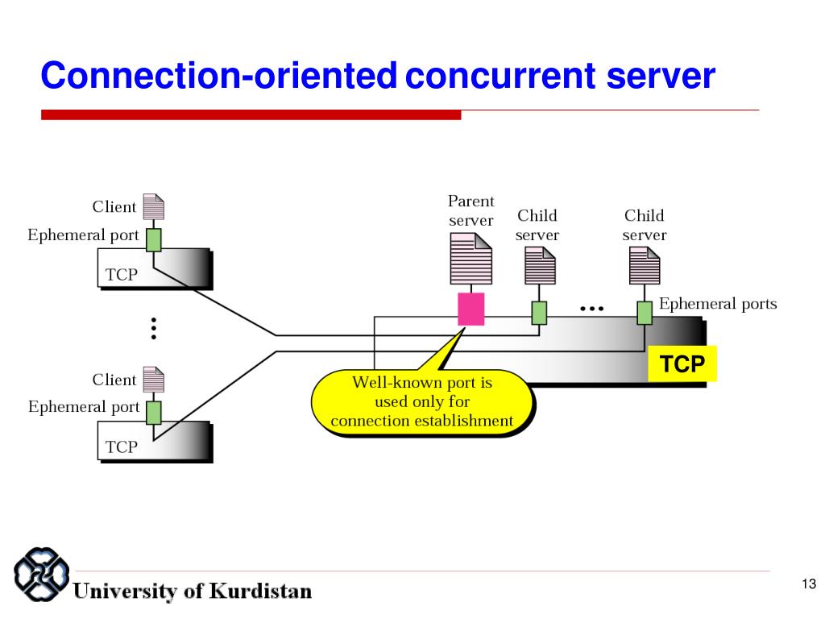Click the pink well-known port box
point(471,309)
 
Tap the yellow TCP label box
point(682,364)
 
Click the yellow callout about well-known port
point(422,401)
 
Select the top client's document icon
point(153,207)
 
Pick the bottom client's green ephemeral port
point(154,412)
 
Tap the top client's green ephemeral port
point(154,239)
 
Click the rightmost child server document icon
point(645,265)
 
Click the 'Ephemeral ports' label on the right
point(718,304)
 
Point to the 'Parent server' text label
point(471,210)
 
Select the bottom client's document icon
point(153,380)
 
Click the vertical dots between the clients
point(153,328)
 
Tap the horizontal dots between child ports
point(591,309)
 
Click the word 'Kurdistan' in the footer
point(261,591)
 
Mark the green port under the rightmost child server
point(645,312)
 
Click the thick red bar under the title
point(251,115)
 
